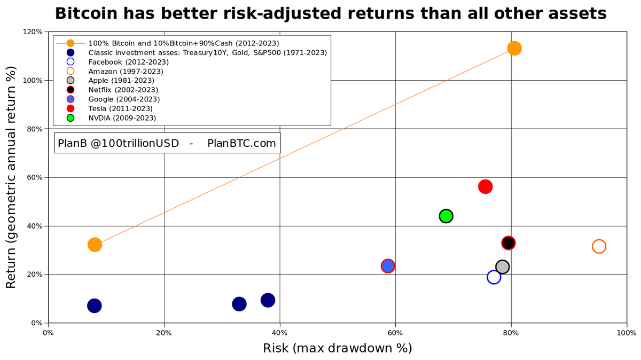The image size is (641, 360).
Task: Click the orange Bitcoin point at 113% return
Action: [x=514, y=48]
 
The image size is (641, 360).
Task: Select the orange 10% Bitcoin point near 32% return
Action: [x=95, y=245]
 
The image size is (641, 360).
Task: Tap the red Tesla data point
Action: [x=485, y=186]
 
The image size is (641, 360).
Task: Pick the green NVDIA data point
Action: [x=446, y=216]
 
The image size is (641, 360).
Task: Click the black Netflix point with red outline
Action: [x=508, y=243]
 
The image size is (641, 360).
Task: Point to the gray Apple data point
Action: [x=502, y=267]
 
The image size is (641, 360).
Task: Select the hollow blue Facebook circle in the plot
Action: [x=494, y=277]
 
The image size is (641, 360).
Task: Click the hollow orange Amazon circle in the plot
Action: [x=599, y=246]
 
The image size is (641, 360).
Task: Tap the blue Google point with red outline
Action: [x=388, y=266]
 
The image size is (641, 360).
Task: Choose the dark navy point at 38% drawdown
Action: [x=268, y=300]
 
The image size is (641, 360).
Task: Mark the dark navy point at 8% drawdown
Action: [x=95, y=306]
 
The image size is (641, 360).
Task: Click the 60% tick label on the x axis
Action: [x=395, y=333]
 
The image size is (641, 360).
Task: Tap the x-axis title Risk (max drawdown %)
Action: [x=337, y=348]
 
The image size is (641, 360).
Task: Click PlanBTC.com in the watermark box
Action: [x=241, y=143]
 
